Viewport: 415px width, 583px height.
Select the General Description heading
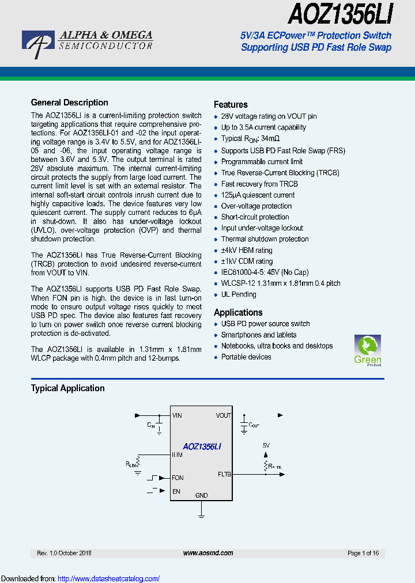[69, 103]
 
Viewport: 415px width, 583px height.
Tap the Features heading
[231, 104]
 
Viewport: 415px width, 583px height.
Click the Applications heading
[238, 312]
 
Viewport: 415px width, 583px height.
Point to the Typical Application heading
[67, 388]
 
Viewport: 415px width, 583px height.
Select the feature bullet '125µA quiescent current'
[258, 195]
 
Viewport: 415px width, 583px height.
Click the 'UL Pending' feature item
[239, 294]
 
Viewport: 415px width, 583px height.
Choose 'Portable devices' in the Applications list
[246, 357]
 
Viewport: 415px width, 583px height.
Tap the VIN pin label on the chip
[177, 415]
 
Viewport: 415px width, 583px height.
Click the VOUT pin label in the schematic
[223, 415]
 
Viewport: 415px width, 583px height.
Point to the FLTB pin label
[224, 475]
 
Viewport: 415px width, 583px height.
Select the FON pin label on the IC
[178, 478]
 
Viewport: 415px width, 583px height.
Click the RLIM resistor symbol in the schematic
[138, 463]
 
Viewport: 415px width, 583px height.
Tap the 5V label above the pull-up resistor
[266, 446]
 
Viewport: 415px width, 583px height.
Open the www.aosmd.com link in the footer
[207, 553]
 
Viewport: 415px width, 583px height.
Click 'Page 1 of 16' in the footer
[363, 553]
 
